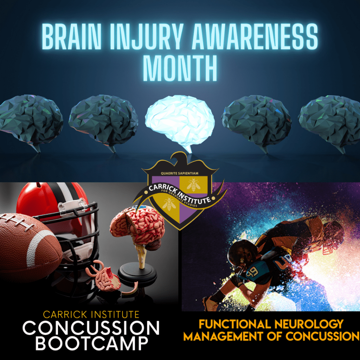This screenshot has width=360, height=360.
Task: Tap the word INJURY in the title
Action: (x=147, y=37)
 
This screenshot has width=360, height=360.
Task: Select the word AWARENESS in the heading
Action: (x=255, y=37)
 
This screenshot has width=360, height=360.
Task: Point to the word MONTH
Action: (x=180, y=68)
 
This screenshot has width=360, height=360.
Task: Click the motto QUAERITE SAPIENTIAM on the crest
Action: (x=180, y=173)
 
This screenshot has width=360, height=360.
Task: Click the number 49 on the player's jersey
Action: (x=253, y=272)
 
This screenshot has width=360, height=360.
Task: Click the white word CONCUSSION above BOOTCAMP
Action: (x=91, y=328)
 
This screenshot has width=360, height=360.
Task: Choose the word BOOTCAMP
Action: (x=92, y=343)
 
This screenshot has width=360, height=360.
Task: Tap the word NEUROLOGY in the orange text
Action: (x=309, y=324)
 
